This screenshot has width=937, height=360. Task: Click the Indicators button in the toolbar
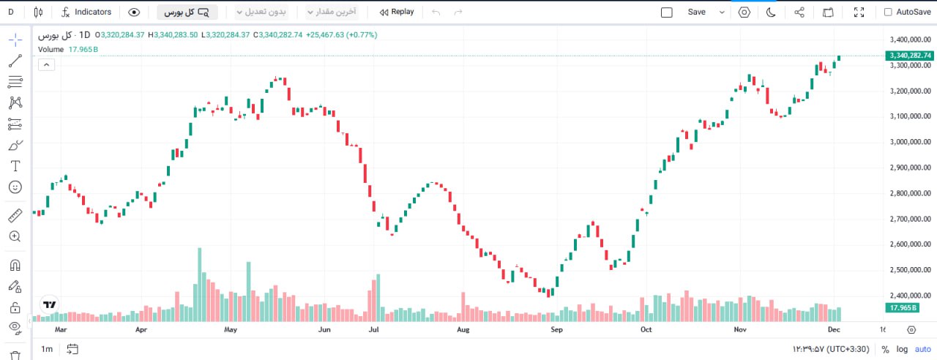pyautogui.click(x=86, y=12)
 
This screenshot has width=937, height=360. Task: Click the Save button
pyautogui.click(x=697, y=12)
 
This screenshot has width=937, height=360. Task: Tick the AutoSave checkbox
pyautogui.click(x=888, y=12)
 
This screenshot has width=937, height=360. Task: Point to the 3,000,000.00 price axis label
pyautogui.click(x=910, y=142)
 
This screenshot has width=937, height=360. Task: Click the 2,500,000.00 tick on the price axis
pyautogui.click(x=910, y=270)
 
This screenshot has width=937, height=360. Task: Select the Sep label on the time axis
pyautogui.click(x=556, y=330)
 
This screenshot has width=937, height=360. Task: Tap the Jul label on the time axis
pyautogui.click(x=373, y=330)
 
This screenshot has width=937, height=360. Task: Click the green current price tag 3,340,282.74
pyautogui.click(x=910, y=56)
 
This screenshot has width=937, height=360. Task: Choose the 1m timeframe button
pyautogui.click(x=47, y=349)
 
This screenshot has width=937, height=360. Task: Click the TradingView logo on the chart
pyautogui.click(x=49, y=304)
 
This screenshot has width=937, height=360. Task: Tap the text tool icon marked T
pyautogui.click(x=15, y=166)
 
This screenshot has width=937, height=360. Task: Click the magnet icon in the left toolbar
pyautogui.click(x=15, y=265)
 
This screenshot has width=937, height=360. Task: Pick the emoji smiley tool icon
pyautogui.click(x=15, y=187)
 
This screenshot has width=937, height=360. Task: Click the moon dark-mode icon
pyautogui.click(x=771, y=12)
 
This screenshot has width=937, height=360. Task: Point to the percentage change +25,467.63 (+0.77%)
pyautogui.click(x=337, y=34)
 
